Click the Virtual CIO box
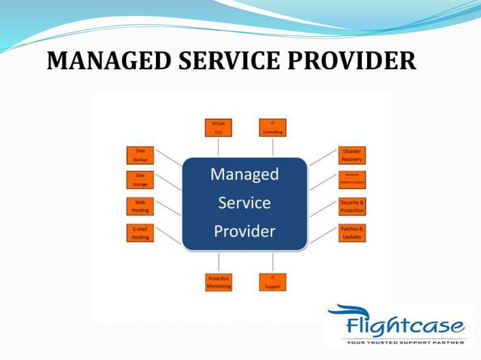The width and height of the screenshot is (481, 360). click(x=219, y=127)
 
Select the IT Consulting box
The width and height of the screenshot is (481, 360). click(x=272, y=127)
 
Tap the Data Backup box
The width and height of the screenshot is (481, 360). click(x=140, y=155)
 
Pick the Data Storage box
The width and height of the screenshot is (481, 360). click(x=140, y=179)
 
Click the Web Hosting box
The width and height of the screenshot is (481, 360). click(x=140, y=206)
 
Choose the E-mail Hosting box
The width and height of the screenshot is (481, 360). click(x=140, y=233)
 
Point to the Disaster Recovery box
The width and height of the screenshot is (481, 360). click(x=352, y=155)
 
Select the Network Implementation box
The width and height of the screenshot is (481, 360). click(x=352, y=179)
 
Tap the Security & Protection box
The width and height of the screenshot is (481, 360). click(x=352, y=206)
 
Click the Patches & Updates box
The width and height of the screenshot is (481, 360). click(x=352, y=233)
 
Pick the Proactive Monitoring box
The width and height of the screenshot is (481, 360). click(x=219, y=282)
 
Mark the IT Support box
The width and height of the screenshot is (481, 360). click(x=272, y=282)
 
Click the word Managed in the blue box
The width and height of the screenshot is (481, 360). click(x=244, y=175)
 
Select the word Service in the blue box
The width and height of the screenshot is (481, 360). click(x=244, y=203)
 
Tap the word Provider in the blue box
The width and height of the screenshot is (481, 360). click(x=244, y=230)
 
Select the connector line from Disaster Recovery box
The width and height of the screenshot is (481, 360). click(x=323, y=157)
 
